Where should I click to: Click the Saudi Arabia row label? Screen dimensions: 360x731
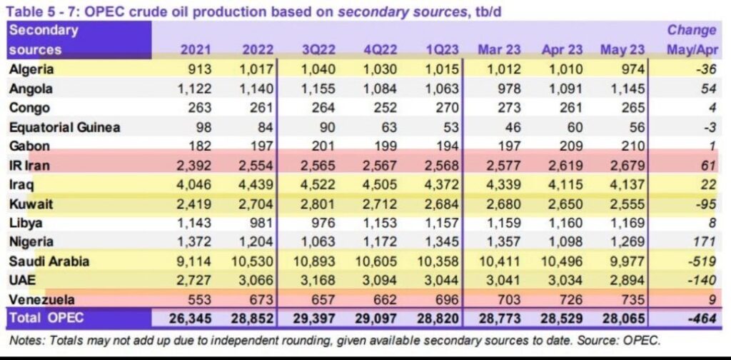[x=49, y=261]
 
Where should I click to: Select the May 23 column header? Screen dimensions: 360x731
[x=622, y=50]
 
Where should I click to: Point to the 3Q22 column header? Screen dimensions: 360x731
[x=318, y=50]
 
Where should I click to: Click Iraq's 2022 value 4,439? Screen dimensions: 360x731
[x=258, y=185]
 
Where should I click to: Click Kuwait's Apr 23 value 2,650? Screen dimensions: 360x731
[x=566, y=204]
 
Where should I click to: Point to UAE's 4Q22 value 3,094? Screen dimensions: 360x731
[x=379, y=281]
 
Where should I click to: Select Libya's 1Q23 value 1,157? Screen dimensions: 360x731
[x=440, y=223]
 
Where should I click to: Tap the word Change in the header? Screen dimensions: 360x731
[x=691, y=30]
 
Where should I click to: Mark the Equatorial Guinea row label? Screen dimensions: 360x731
[x=64, y=127]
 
